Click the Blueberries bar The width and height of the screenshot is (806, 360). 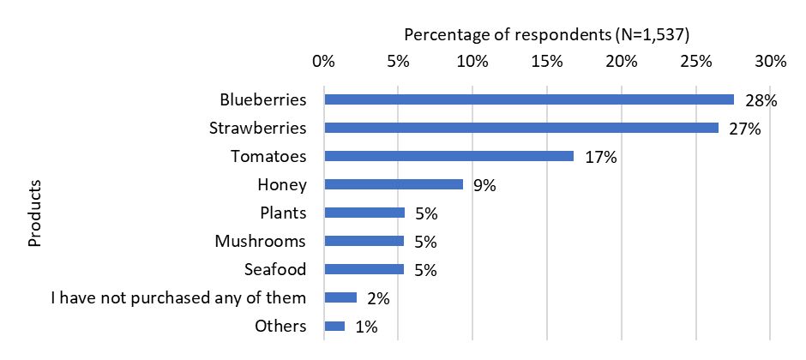tap(528, 99)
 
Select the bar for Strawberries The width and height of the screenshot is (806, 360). tap(520, 128)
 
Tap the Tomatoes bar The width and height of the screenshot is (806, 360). tap(448, 156)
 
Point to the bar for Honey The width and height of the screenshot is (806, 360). tap(394, 184)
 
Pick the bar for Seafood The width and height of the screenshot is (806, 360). tap(364, 269)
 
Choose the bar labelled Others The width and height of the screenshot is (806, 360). tap(334, 326)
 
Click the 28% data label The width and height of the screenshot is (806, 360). tap(761, 100)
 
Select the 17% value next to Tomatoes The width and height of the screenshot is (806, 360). tap(600, 157)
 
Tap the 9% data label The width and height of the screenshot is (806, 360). tap(484, 185)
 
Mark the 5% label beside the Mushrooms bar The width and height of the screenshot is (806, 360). tap(425, 242)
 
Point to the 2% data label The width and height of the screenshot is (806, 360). tap(378, 298)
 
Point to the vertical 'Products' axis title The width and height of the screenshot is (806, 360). tap(35, 213)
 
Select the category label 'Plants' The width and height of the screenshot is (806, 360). tap(283, 213)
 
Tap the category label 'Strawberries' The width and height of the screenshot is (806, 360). tap(258, 128)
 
